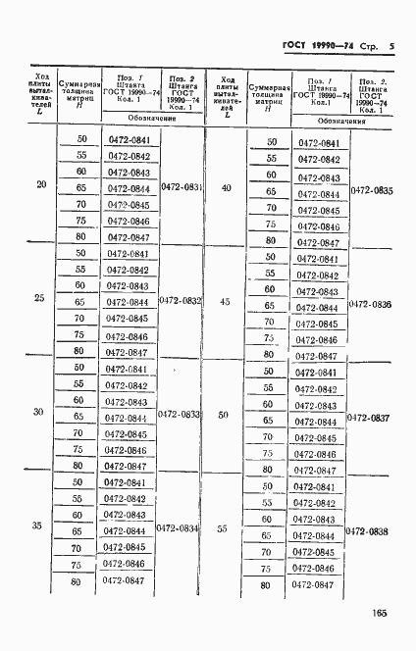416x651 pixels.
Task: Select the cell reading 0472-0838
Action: [370, 532]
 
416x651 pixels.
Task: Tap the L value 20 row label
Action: [39, 184]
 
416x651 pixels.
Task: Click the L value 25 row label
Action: [39, 298]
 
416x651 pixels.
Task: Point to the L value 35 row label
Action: [37, 526]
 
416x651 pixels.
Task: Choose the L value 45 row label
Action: [227, 302]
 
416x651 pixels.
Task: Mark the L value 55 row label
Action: [223, 529]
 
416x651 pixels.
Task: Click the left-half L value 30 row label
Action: [39, 412]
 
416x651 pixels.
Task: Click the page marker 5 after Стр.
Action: [391, 46]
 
